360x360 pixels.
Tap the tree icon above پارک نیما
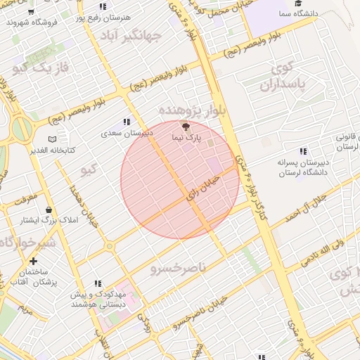[x=186, y=127]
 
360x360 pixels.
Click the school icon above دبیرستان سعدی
[x=127, y=122]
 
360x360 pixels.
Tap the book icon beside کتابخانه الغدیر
[x=51, y=139]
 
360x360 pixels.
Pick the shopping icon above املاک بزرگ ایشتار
[x=48, y=210]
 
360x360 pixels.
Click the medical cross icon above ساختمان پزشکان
[x=33, y=261]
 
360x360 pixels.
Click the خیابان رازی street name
[x=203, y=191]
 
